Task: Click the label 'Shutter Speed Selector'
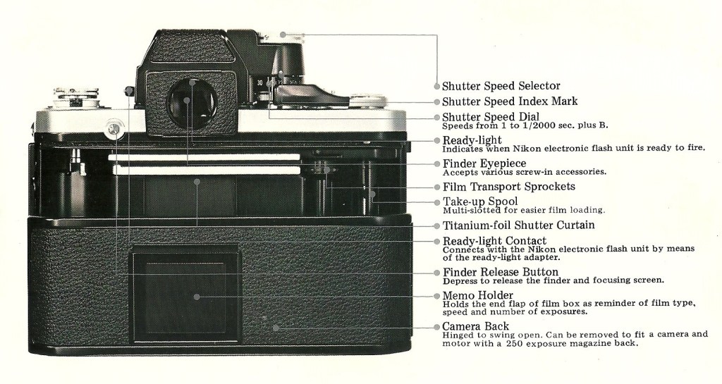pos(501,86)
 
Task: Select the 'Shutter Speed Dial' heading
pos(491,116)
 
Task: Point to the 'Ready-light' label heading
pos(472,140)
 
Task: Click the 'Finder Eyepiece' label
pos(484,163)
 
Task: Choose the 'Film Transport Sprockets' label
pos(508,187)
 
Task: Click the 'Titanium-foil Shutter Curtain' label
pos(518,225)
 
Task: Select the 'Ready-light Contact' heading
pos(494,241)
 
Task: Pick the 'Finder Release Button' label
pos(500,272)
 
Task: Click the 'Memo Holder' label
pos(477,295)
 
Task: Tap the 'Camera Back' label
pos(475,326)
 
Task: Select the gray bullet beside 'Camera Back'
pos(437,327)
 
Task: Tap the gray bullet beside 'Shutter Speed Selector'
pos(437,87)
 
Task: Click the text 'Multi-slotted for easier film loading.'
pos(523,210)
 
